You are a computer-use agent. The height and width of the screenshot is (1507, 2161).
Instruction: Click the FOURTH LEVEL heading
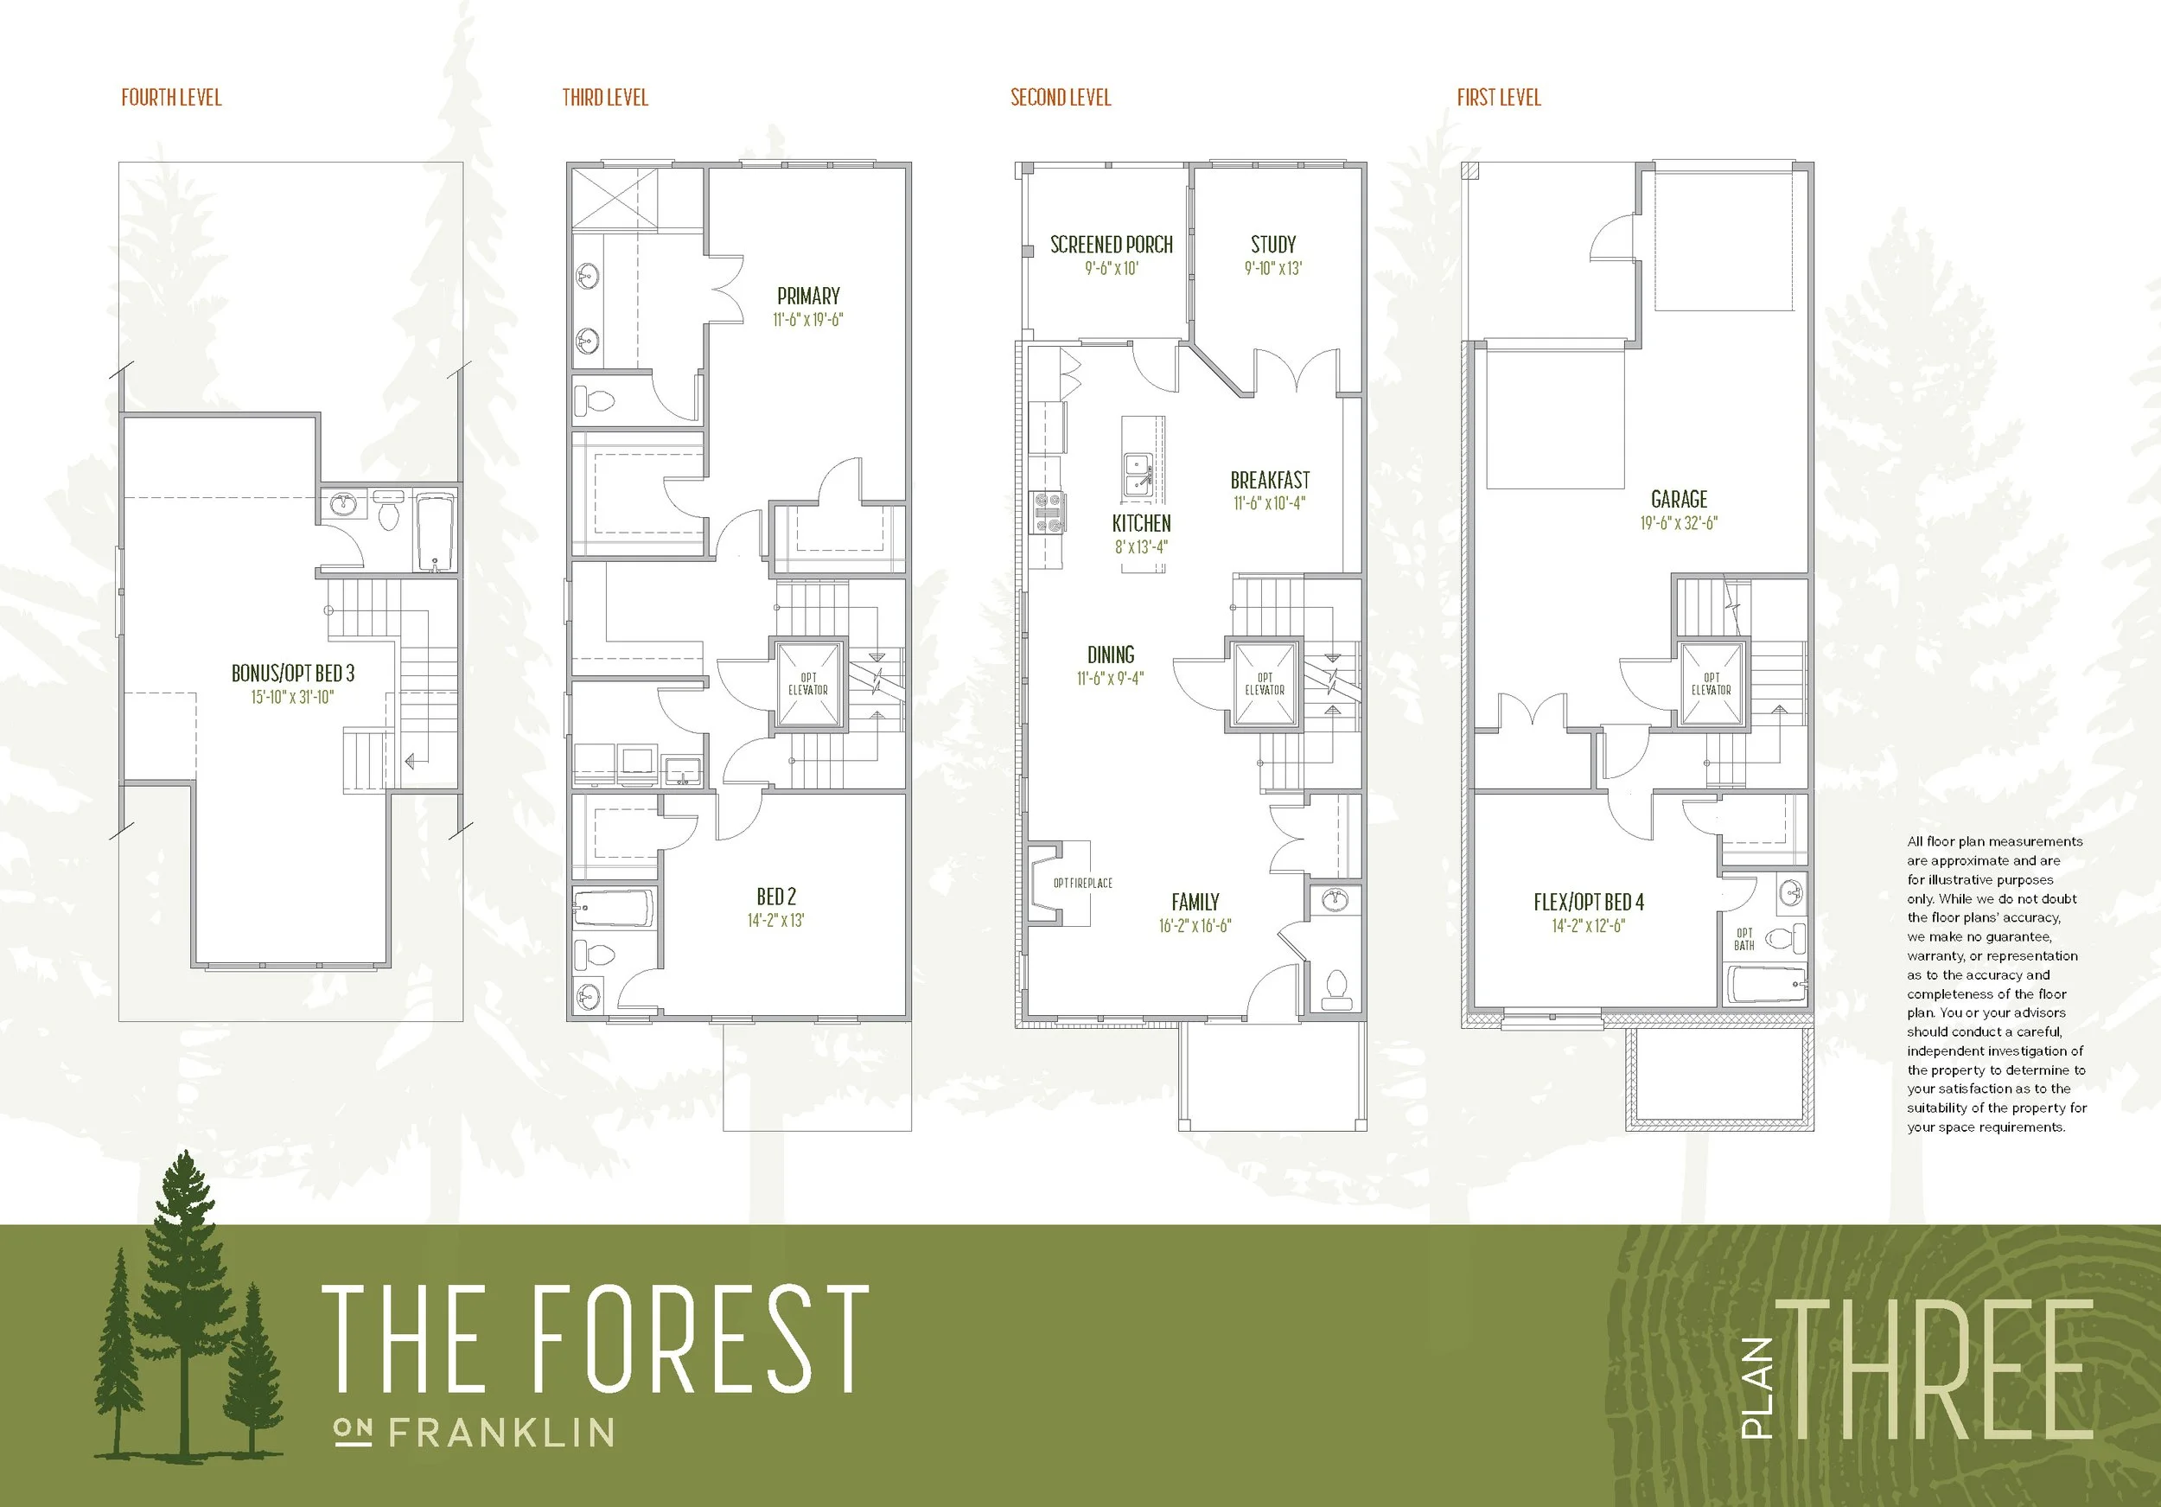coord(171,98)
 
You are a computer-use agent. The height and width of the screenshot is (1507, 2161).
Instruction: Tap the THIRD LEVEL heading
coord(605,98)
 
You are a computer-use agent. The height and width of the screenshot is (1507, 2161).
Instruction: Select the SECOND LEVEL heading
coord(1061,98)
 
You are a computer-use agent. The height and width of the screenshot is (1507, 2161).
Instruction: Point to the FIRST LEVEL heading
coord(1498,98)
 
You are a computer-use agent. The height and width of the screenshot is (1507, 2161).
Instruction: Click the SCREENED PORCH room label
coord(1112,245)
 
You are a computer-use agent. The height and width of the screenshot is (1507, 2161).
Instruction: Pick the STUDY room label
coord(1273,245)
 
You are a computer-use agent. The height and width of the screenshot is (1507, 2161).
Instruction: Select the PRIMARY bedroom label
coord(808,296)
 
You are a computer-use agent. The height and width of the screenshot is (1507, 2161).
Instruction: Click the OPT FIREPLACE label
coord(1082,883)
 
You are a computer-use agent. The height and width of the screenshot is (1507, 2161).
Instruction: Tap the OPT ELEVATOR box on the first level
coord(1712,684)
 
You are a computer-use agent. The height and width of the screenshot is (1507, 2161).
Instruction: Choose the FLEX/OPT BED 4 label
coord(1589,902)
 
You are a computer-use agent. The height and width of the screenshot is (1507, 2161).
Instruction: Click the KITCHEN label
coord(1141,523)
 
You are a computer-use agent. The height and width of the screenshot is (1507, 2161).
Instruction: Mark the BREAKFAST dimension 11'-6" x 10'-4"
coord(1270,503)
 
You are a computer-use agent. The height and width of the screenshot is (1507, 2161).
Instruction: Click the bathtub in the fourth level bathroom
coord(435,533)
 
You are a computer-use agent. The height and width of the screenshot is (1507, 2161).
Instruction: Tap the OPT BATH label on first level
coord(1744,940)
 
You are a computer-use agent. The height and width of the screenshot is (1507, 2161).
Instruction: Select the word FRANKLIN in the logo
coord(501,1433)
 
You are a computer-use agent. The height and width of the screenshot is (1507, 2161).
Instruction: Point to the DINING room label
coord(1111,655)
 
